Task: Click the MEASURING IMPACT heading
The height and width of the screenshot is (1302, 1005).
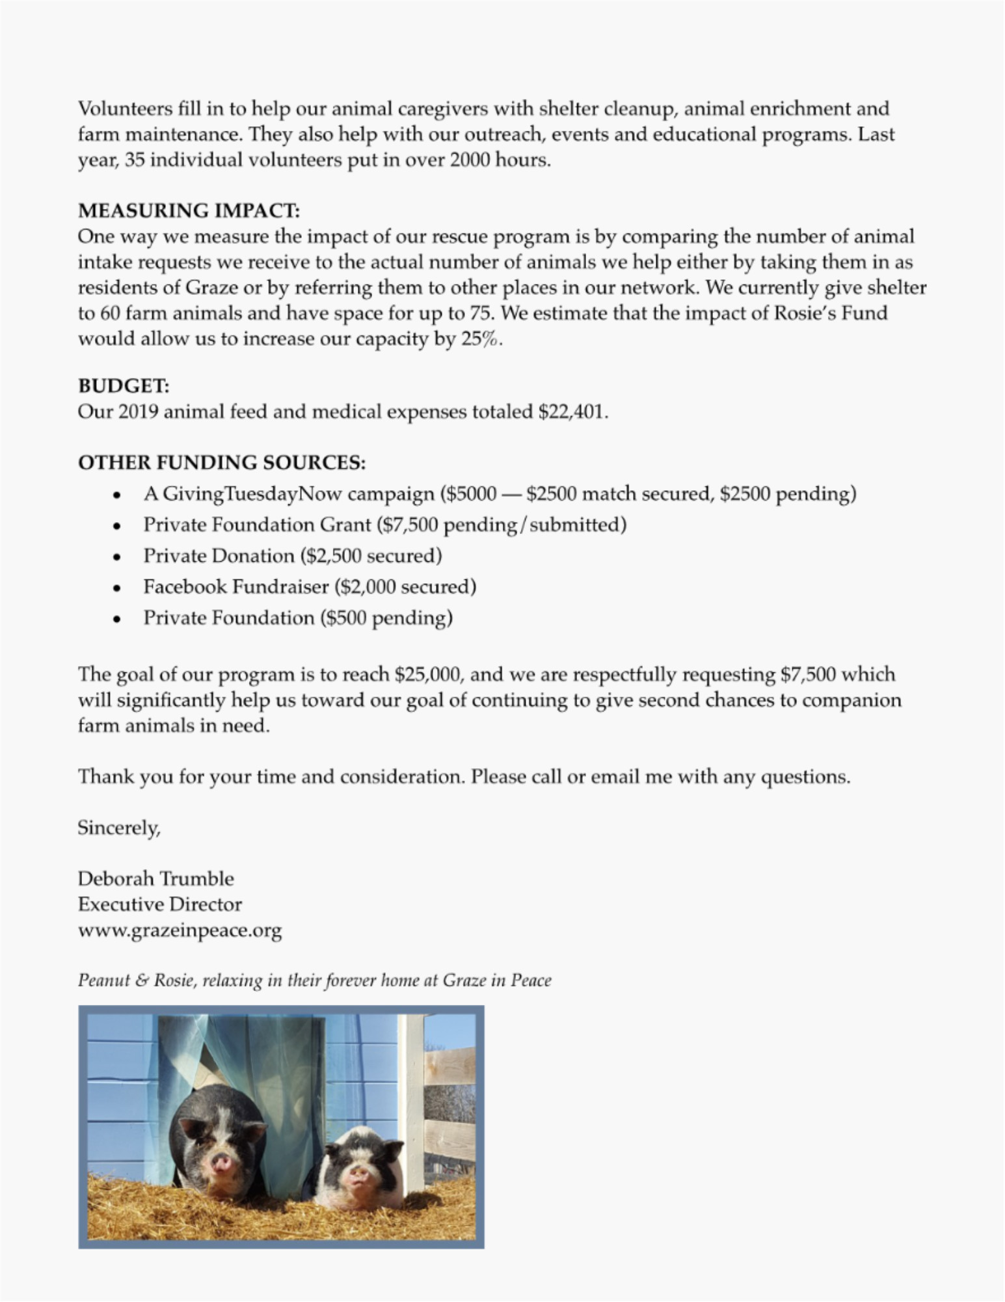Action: pos(189,211)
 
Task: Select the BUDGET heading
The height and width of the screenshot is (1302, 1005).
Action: pos(124,386)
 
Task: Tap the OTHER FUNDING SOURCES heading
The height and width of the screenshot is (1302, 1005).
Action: pos(222,463)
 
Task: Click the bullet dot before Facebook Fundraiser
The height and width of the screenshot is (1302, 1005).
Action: pos(116,589)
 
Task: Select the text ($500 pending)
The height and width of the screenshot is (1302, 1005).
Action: pos(386,618)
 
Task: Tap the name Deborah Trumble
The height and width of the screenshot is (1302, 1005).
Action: pos(156,879)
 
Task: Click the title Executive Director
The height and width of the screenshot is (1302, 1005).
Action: pos(160,904)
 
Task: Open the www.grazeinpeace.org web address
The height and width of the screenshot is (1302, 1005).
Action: pos(180,930)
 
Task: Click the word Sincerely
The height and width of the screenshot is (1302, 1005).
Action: pos(119,828)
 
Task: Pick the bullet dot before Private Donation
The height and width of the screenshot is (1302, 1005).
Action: pos(116,557)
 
